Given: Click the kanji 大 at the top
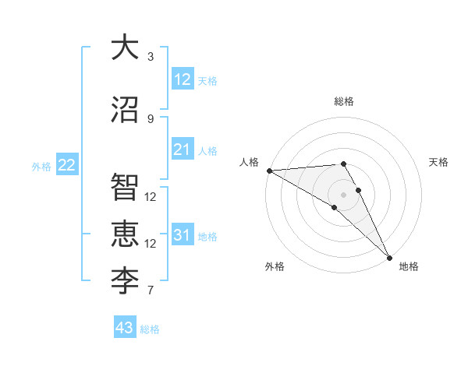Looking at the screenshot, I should (x=125, y=48).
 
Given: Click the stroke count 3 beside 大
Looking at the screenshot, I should (x=151, y=57).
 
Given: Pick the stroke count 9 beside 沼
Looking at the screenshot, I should (x=151, y=119).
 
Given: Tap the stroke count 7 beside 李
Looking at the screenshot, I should (x=151, y=291).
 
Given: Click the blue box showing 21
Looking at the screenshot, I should (x=182, y=150).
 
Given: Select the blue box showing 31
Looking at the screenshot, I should (x=182, y=235).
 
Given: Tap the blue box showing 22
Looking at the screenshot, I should (x=66, y=165).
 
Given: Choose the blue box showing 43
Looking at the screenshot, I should (x=124, y=328).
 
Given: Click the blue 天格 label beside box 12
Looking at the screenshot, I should (x=207, y=80).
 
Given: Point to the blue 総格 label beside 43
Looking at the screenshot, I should (x=150, y=329).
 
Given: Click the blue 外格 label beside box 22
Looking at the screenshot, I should (x=41, y=166).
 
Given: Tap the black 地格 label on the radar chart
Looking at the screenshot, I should (x=409, y=266).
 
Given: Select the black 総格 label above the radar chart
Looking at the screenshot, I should (x=343, y=101).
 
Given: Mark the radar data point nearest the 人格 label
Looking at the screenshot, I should (x=269, y=171).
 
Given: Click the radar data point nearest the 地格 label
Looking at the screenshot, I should (x=389, y=256).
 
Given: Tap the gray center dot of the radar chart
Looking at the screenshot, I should (x=343, y=194).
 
